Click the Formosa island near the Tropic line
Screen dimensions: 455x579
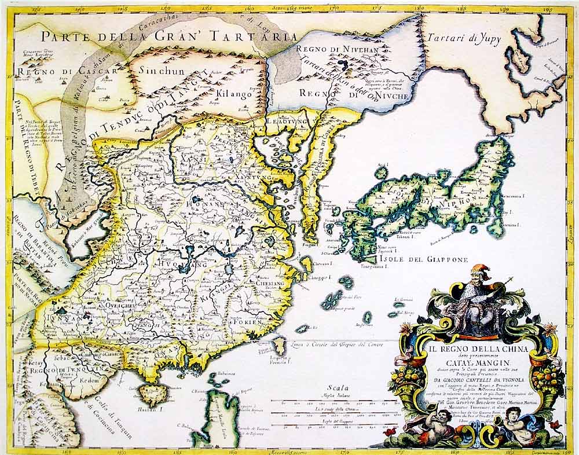[x=278, y=347]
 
